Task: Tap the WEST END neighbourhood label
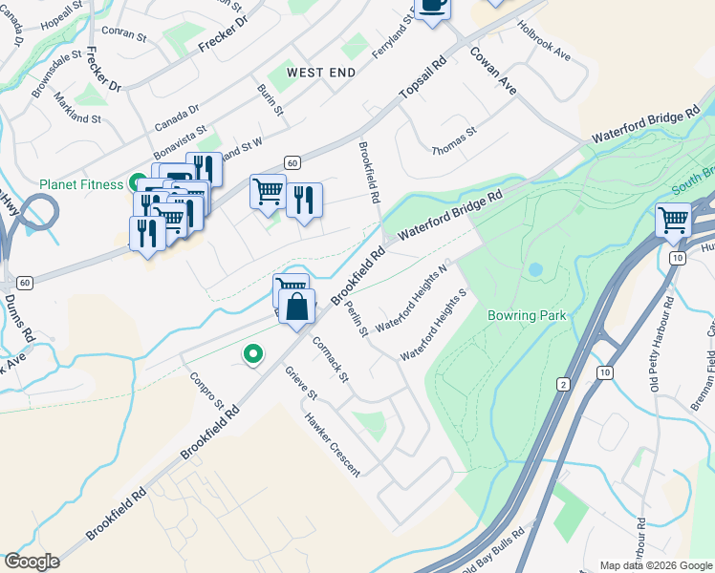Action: [x=321, y=73]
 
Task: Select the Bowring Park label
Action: [x=526, y=315]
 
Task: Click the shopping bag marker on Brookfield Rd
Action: [x=297, y=307]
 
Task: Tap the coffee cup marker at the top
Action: [x=432, y=5]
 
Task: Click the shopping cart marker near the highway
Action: [x=674, y=221]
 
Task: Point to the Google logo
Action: [x=32, y=562]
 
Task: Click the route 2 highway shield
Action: [x=564, y=383]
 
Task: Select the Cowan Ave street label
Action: [x=493, y=70]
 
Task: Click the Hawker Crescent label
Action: [x=332, y=444]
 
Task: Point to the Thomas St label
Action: [x=454, y=144]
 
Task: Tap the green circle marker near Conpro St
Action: [x=252, y=354]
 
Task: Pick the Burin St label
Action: [x=271, y=99]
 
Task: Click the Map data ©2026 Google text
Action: [x=656, y=565]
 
